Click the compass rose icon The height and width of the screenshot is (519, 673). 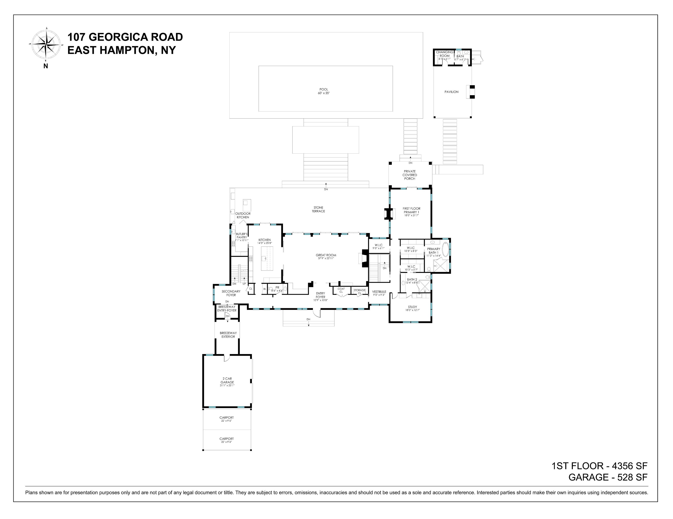click(46, 44)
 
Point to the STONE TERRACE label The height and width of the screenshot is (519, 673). click(318, 209)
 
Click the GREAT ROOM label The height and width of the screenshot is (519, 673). click(326, 255)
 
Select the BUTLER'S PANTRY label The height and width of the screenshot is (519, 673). click(242, 236)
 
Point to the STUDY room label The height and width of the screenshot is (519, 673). click(412, 307)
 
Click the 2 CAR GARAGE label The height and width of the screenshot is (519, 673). click(227, 380)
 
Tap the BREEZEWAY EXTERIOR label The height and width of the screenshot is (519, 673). click(228, 335)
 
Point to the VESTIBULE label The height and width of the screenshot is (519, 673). click(379, 292)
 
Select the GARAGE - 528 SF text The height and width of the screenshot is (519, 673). click(608, 477)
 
